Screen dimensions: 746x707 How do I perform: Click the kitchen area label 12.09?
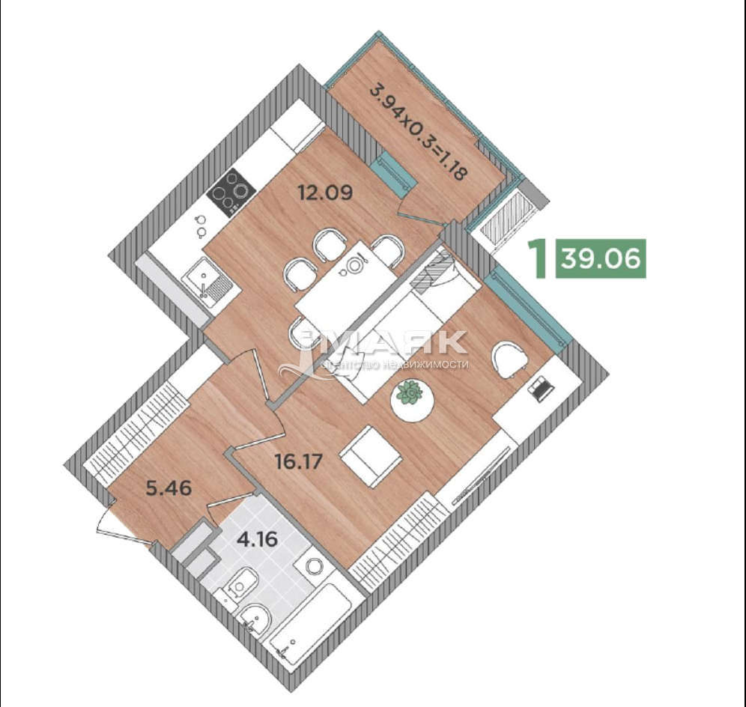point(325,192)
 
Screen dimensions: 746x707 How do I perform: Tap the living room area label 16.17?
point(300,461)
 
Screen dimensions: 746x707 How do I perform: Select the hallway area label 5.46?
point(169,488)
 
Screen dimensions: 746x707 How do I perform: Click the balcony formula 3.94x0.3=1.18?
point(419,133)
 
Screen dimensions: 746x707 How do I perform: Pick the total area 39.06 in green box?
point(601,259)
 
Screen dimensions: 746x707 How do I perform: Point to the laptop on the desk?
point(539,389)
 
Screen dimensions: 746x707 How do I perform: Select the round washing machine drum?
point(314,567)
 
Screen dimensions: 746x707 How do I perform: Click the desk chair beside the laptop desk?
point(509,360)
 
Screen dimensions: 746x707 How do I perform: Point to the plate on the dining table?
point(354,264)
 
